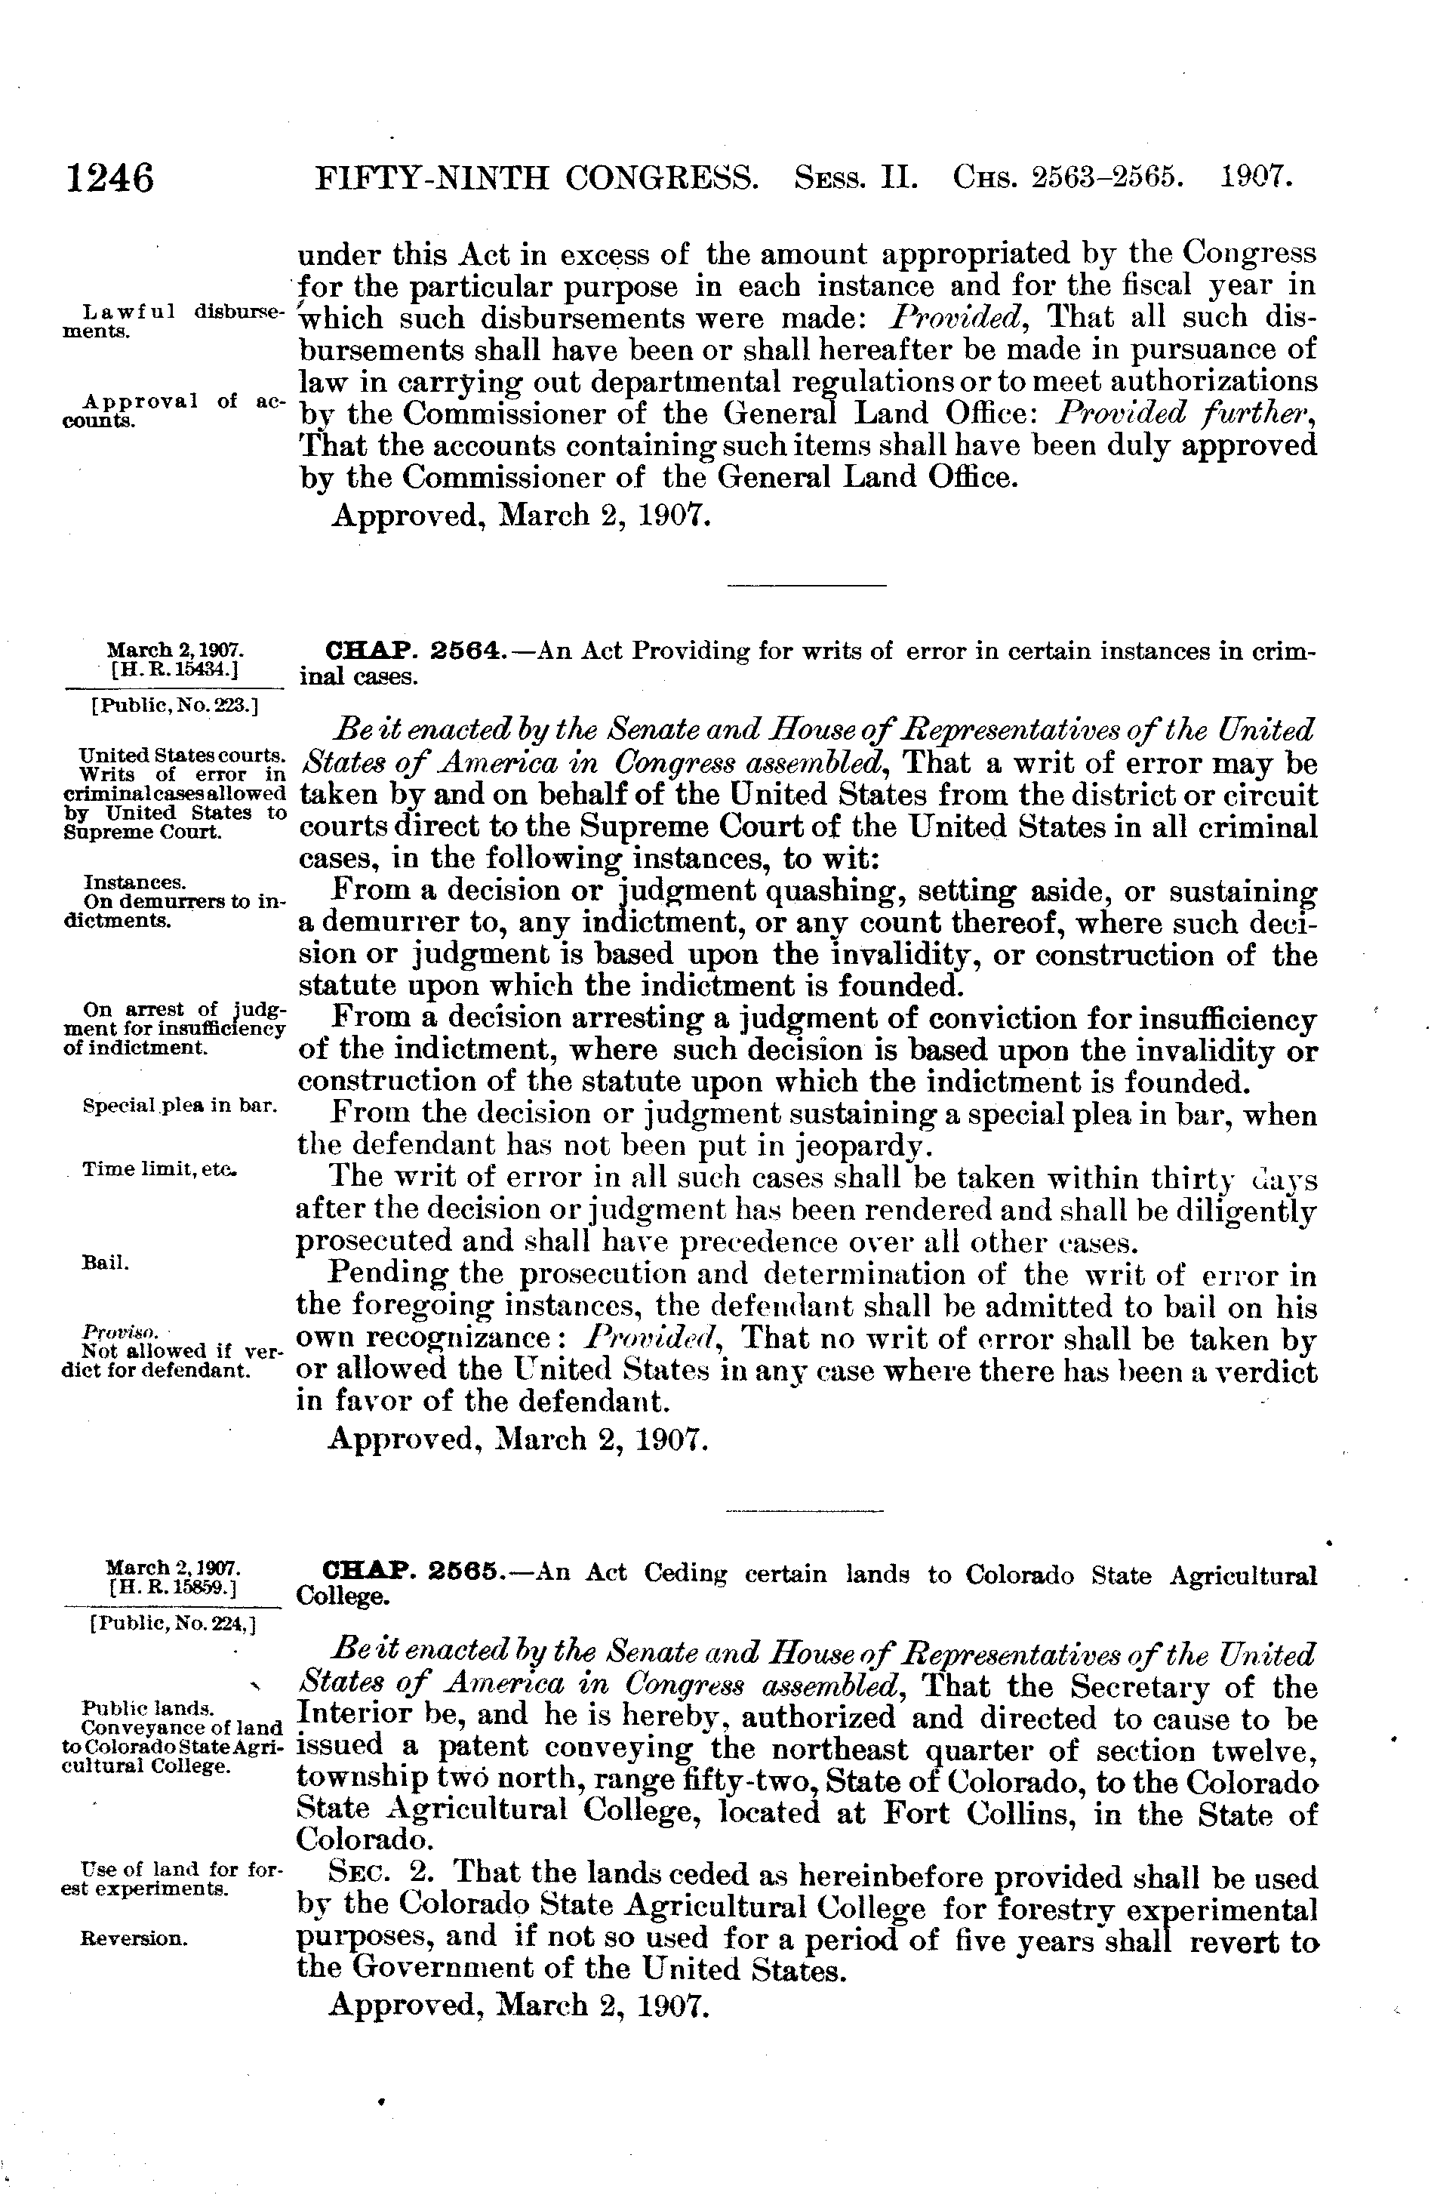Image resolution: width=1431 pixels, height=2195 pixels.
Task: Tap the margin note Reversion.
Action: click(134, 1938)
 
